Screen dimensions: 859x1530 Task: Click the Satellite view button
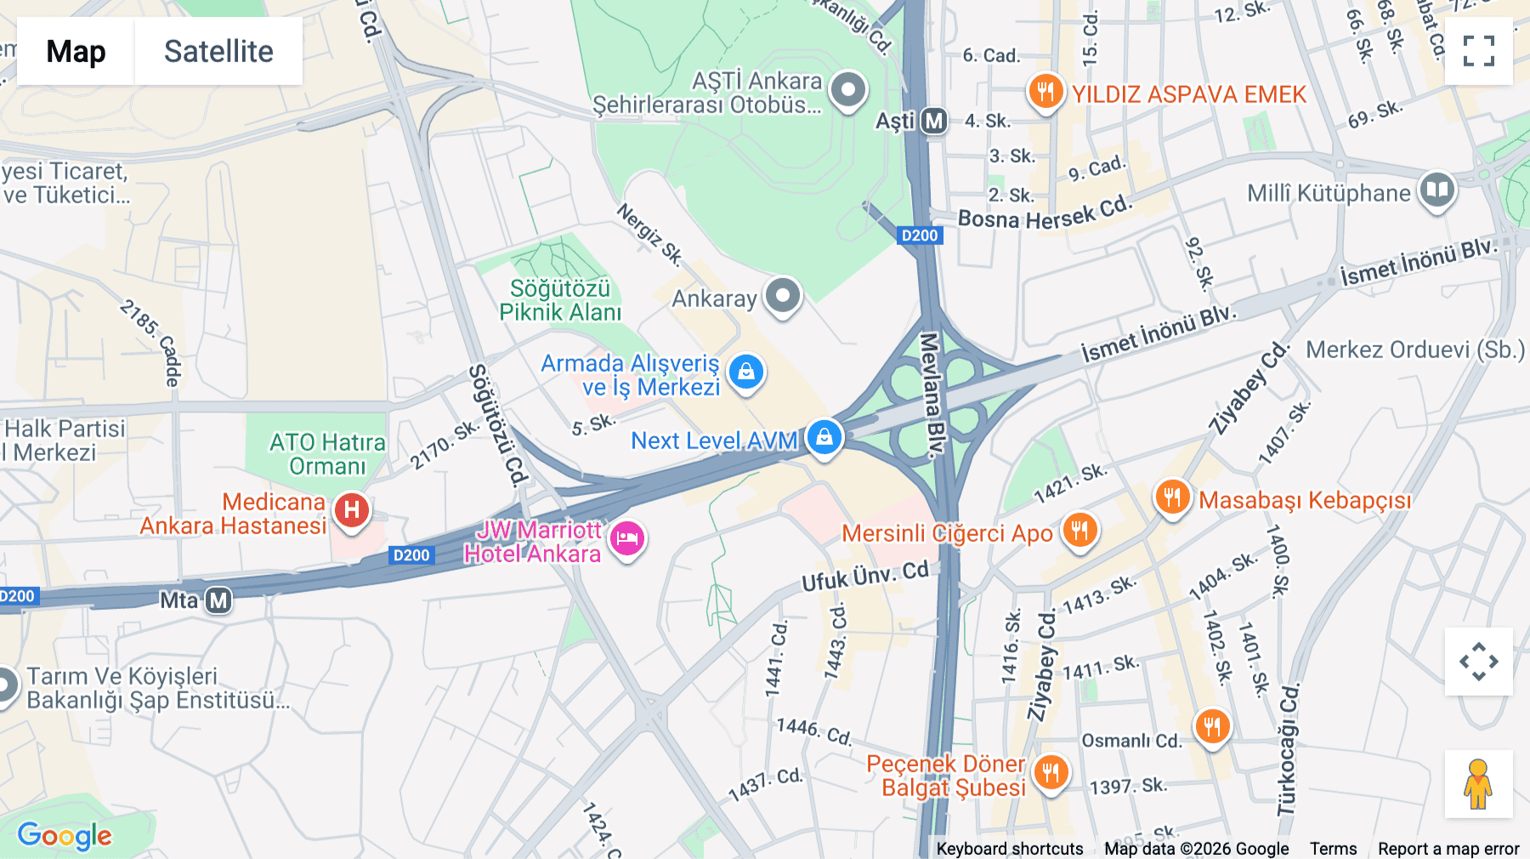tap(218, 51)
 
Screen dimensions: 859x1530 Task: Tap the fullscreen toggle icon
tap(1478, 51)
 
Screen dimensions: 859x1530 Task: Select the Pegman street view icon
tap(1478, 783)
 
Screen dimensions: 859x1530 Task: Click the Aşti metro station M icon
tap(934, 121)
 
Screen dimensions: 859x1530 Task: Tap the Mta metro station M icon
tap(218, 600)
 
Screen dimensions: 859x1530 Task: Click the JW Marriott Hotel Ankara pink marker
tap(627, 538)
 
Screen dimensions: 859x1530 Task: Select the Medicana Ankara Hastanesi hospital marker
tap(351, 510)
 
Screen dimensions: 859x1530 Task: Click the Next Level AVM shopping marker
tap(824, 437)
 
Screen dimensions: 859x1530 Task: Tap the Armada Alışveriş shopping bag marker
tap(746, 372)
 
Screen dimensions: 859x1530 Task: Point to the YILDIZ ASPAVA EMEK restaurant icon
tap(1045, 91)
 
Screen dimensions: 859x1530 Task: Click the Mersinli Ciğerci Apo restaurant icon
tap(1079, 531)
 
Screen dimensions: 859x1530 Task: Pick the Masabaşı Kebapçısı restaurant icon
tap(1172, 497)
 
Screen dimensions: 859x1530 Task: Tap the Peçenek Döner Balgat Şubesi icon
tap(1051, 772)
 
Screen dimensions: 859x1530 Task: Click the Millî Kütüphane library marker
tap(1436, 191)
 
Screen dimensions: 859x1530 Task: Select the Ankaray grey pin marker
tap(782, 296)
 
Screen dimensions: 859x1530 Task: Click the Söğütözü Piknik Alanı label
tap(560, 300)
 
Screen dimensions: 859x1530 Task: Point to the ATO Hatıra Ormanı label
tap(327, 454)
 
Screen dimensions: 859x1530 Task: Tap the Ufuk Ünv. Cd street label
tap(865, 576)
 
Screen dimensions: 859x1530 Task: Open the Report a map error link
tap(1448, 848)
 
